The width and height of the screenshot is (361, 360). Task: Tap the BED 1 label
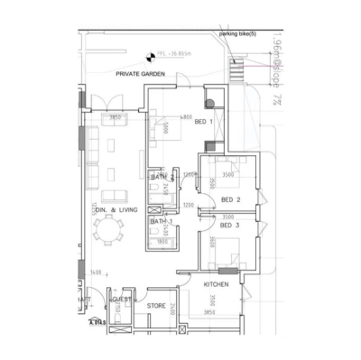coord(204,122)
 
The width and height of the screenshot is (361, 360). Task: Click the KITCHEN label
coord(217,284)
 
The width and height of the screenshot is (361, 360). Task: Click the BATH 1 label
coord(161,221)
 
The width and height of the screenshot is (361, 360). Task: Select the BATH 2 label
coord(160,177)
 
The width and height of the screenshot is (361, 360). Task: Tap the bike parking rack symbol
coord(238,69)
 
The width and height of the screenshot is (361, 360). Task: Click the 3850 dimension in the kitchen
coord(210,312)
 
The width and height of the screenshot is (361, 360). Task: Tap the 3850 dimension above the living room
coord(116,117)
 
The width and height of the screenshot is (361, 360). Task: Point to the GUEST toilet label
coord(120,299)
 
